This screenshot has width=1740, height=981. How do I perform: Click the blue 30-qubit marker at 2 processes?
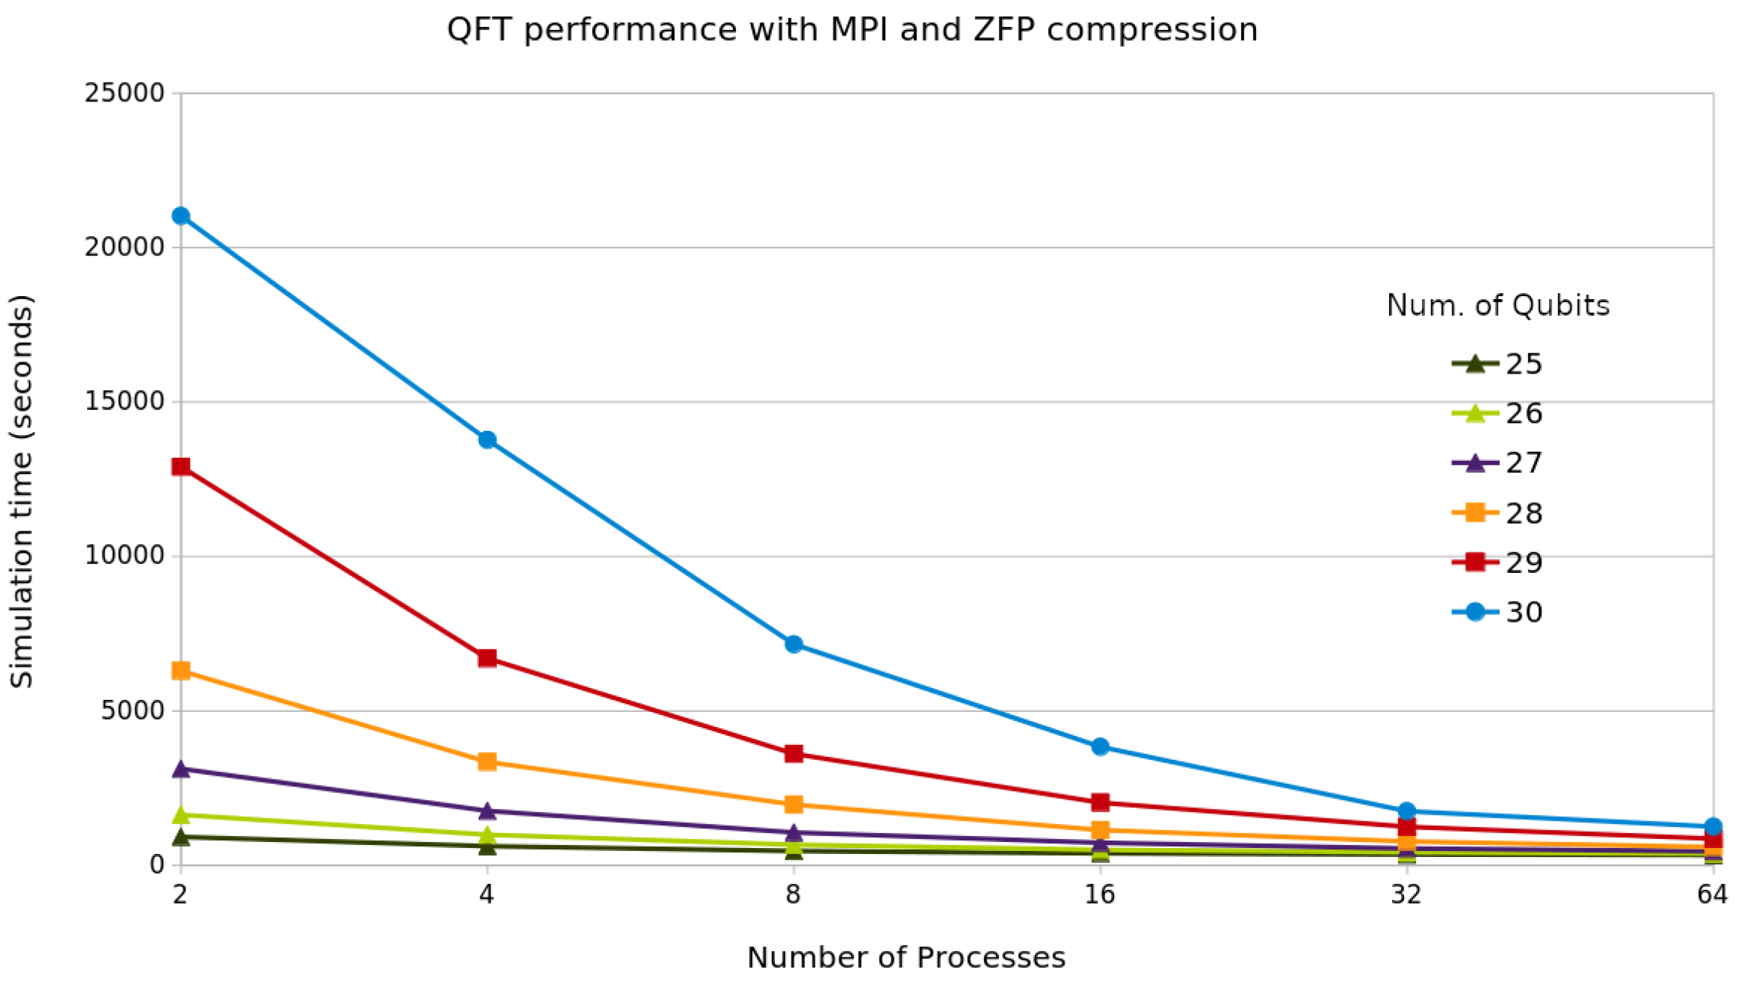(181, 216)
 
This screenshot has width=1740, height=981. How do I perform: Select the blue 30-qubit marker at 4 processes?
(488, 440)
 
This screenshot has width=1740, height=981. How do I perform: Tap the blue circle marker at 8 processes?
(794, 644)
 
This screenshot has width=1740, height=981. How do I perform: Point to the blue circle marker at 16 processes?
(1100, 746)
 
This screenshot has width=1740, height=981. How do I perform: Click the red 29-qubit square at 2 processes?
(181, 467)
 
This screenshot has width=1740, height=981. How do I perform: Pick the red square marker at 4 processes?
(488, 659)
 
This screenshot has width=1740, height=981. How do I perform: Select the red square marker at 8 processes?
(794, 753)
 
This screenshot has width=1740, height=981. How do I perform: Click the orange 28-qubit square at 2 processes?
(181, 671)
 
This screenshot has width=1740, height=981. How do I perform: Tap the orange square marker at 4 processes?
(488, 761)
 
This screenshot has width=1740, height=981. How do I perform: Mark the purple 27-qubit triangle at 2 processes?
(181, 769)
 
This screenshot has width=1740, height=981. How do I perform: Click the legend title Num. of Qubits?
(1497, 305)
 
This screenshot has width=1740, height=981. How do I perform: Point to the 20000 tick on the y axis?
(124, 247)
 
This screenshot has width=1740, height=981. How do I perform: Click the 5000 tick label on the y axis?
(132, 710)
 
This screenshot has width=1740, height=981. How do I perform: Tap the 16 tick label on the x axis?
(1100, 895)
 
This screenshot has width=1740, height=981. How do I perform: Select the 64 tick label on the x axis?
(1712, 895)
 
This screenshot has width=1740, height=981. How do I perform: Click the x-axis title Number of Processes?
(906, 958)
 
